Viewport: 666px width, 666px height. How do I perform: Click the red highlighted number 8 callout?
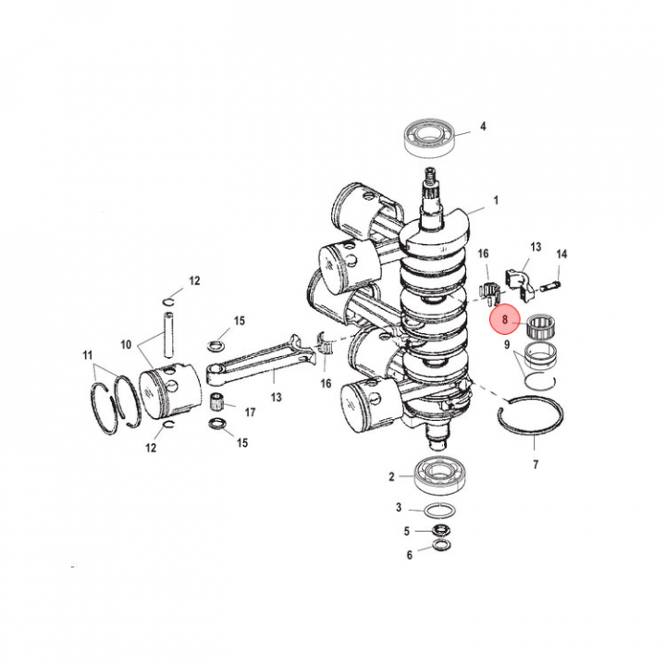[x=505, y=320]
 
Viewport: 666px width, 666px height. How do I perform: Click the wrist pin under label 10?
[x=168, y=334]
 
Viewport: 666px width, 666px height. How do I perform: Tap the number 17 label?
[x=250, y=412]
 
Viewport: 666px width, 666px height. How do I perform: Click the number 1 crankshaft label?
[x=496, y=200]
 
